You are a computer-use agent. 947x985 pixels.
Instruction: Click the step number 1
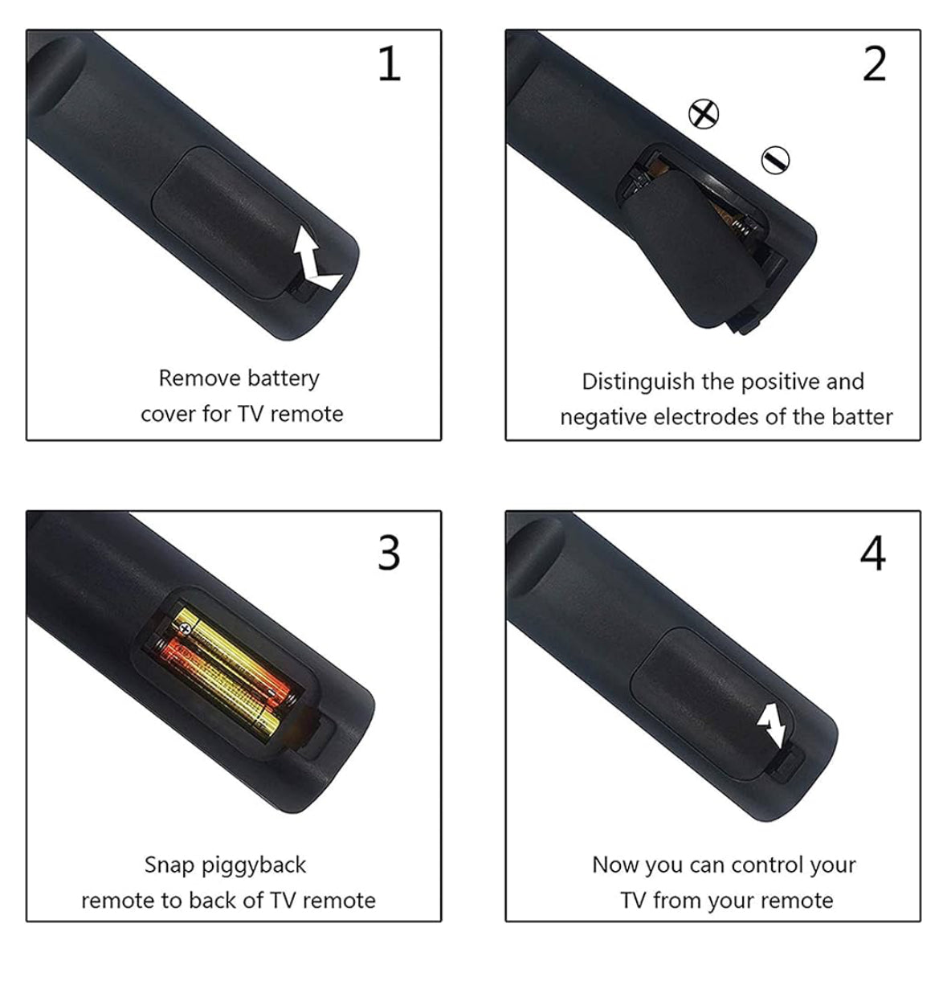pos(390,63)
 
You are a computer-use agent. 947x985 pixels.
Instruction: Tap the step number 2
pos(874,63)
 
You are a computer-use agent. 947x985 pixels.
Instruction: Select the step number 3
pos(389,553)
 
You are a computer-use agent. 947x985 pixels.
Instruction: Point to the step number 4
pos(873,554)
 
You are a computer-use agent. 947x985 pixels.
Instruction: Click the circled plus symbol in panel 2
pos(704,114)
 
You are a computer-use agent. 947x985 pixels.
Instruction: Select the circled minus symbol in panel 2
pos(775,161)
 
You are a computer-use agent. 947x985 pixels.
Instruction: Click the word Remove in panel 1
pos(199,378)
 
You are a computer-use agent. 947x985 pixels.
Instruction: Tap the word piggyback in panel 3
pos(254,865)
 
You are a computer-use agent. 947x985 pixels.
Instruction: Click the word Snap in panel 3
pos(169,865)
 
